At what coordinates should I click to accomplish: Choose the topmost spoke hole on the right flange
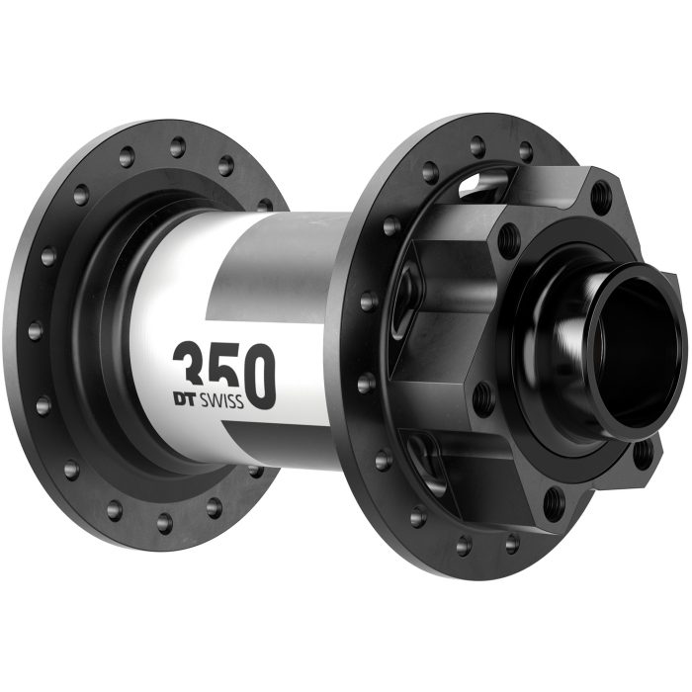coord(476,147)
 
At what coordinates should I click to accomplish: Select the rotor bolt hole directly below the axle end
coord(644,456)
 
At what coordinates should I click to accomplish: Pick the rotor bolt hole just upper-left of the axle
coord(509,238)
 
